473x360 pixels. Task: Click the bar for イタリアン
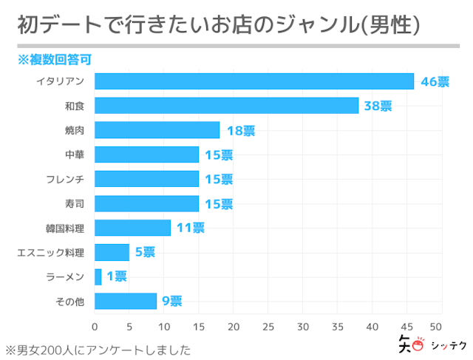254,81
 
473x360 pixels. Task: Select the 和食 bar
226,106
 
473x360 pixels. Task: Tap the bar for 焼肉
157,130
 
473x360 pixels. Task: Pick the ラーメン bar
98,276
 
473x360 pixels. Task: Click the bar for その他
126,301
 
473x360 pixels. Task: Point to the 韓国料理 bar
133,228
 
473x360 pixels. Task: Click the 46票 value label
435,82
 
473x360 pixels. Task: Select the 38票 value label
378,106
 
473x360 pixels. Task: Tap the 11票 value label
190,228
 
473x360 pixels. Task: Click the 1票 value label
117,277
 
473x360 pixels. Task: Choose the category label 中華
75,155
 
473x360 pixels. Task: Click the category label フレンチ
65,180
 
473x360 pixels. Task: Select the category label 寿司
75,204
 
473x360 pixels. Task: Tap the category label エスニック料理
51,253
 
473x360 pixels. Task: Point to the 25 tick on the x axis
268,327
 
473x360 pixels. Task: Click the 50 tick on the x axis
442,327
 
